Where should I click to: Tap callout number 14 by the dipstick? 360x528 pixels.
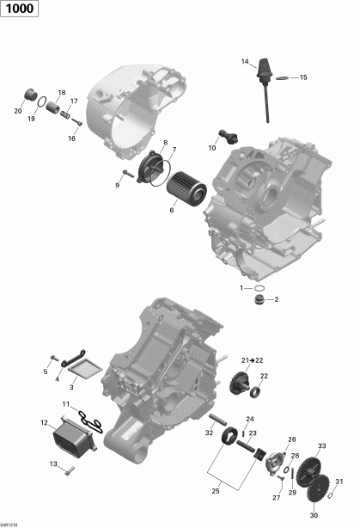245,61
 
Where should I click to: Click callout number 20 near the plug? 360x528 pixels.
18,111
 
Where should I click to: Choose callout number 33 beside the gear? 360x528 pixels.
321,445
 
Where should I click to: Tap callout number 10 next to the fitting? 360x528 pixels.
211,148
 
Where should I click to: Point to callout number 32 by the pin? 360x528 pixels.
210,433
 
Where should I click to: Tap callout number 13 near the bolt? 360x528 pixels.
53,464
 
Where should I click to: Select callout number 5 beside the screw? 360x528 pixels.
46,371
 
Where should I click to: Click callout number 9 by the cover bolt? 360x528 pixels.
117,185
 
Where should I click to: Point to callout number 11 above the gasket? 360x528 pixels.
65,403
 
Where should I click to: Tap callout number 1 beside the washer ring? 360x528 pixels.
242,288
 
